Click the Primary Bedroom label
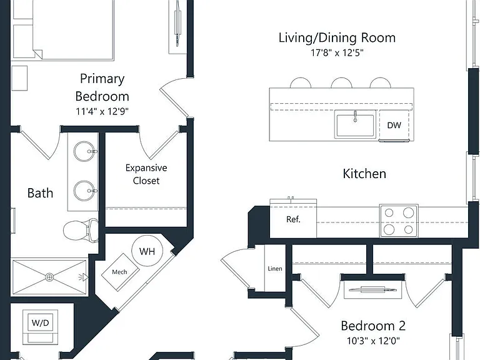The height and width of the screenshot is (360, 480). (x=102, y=87)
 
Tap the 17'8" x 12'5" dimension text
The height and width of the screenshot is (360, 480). (x=337, y=52)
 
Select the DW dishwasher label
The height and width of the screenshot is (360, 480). (x=394, y=125)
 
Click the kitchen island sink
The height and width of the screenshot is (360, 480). (x=355, y=125)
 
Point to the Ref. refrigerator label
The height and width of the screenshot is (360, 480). (x=293, y=219)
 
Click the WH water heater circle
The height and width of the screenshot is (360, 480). (x=147, y=251)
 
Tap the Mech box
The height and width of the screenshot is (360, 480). (x=120, y=272)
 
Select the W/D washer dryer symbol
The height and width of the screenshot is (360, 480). (x=40, y=322)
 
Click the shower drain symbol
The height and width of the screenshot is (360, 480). (x=49, y=277)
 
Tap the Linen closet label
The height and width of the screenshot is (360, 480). (x=275, y=269)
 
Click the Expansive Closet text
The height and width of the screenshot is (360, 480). (x=146, y=174)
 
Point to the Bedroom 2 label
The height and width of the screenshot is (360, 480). (x=373, y=326)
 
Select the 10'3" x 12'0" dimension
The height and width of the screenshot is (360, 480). (x=373, y=341)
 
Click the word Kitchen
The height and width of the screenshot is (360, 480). (x=364, y=174)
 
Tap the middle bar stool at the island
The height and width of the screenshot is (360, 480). (x=342, y=83)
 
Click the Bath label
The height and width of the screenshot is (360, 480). (x=40, y=193)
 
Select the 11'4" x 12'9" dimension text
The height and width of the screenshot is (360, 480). (x=102, y=111)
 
